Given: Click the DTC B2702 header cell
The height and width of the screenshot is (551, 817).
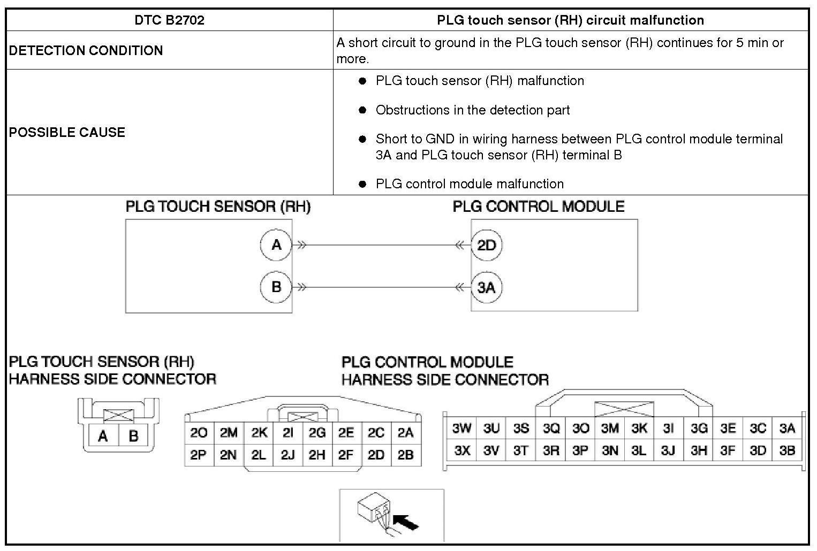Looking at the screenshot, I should coord(169,20).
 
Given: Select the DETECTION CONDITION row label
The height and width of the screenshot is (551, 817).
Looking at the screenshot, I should coord(86,50).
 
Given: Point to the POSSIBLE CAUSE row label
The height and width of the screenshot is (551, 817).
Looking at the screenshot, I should coord(67,132).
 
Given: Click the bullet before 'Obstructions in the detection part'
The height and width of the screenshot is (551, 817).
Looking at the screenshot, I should coord(362,110).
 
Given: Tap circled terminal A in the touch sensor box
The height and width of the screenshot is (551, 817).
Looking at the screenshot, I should coord(276,245).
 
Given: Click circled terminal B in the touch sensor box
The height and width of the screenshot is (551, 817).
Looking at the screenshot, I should coord(276,287).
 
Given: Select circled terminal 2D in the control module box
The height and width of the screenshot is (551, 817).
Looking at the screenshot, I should coord(486,246).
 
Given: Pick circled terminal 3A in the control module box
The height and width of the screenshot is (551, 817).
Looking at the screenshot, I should coord(486,288).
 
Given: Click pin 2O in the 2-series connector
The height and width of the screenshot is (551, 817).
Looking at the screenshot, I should coord(199,433).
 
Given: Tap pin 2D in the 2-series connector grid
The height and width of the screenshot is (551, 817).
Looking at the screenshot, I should coord(376,455).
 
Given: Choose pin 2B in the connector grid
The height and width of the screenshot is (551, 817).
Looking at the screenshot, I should coord(405,455).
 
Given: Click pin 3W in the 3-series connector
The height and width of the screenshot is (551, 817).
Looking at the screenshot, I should coord(462,428).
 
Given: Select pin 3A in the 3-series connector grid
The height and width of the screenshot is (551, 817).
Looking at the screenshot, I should coord(787,428).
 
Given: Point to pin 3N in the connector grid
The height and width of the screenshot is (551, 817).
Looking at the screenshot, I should coord(610,450).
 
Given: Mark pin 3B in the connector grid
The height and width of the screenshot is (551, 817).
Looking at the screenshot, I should coord(787,450).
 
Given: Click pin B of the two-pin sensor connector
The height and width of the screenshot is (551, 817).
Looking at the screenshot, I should coord(133,437).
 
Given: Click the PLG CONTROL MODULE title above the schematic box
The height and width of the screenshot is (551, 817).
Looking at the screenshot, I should coord(539,207).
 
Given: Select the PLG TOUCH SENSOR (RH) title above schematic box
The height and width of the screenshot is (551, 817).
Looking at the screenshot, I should coord(218,207).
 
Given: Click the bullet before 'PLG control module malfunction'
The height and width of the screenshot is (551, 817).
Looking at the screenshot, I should coord(362,184).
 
